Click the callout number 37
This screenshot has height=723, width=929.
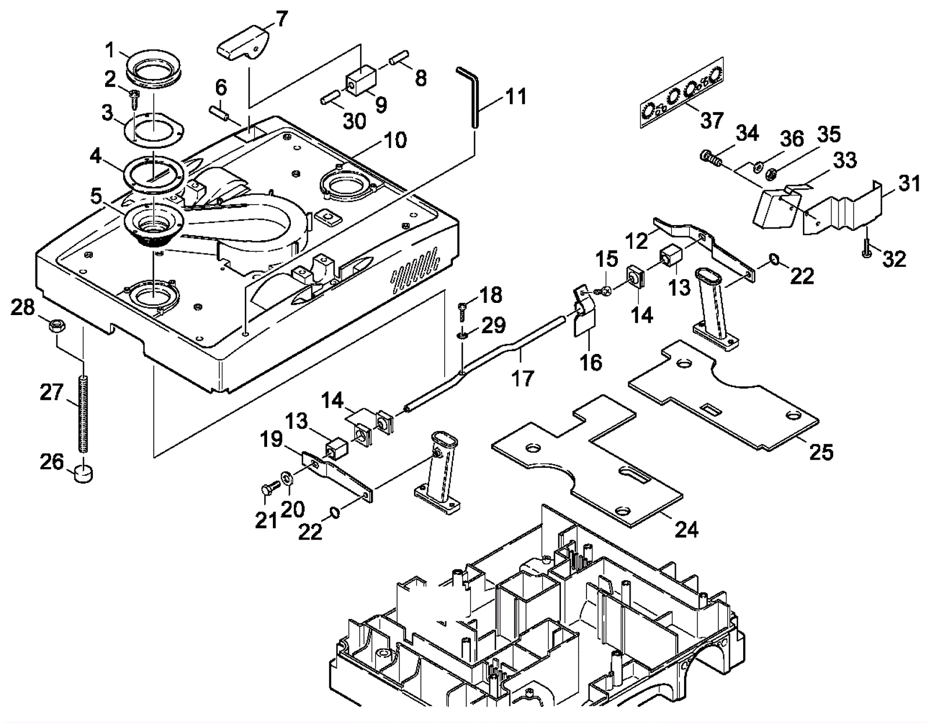tap(711, 120)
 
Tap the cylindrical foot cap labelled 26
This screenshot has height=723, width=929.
tap(84, 471)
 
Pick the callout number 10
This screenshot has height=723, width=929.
tap(395, 140)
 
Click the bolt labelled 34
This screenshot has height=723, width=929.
tap(708, 157)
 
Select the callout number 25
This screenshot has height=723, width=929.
tap(821, 451)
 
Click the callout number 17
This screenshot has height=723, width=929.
tap(521, 378)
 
